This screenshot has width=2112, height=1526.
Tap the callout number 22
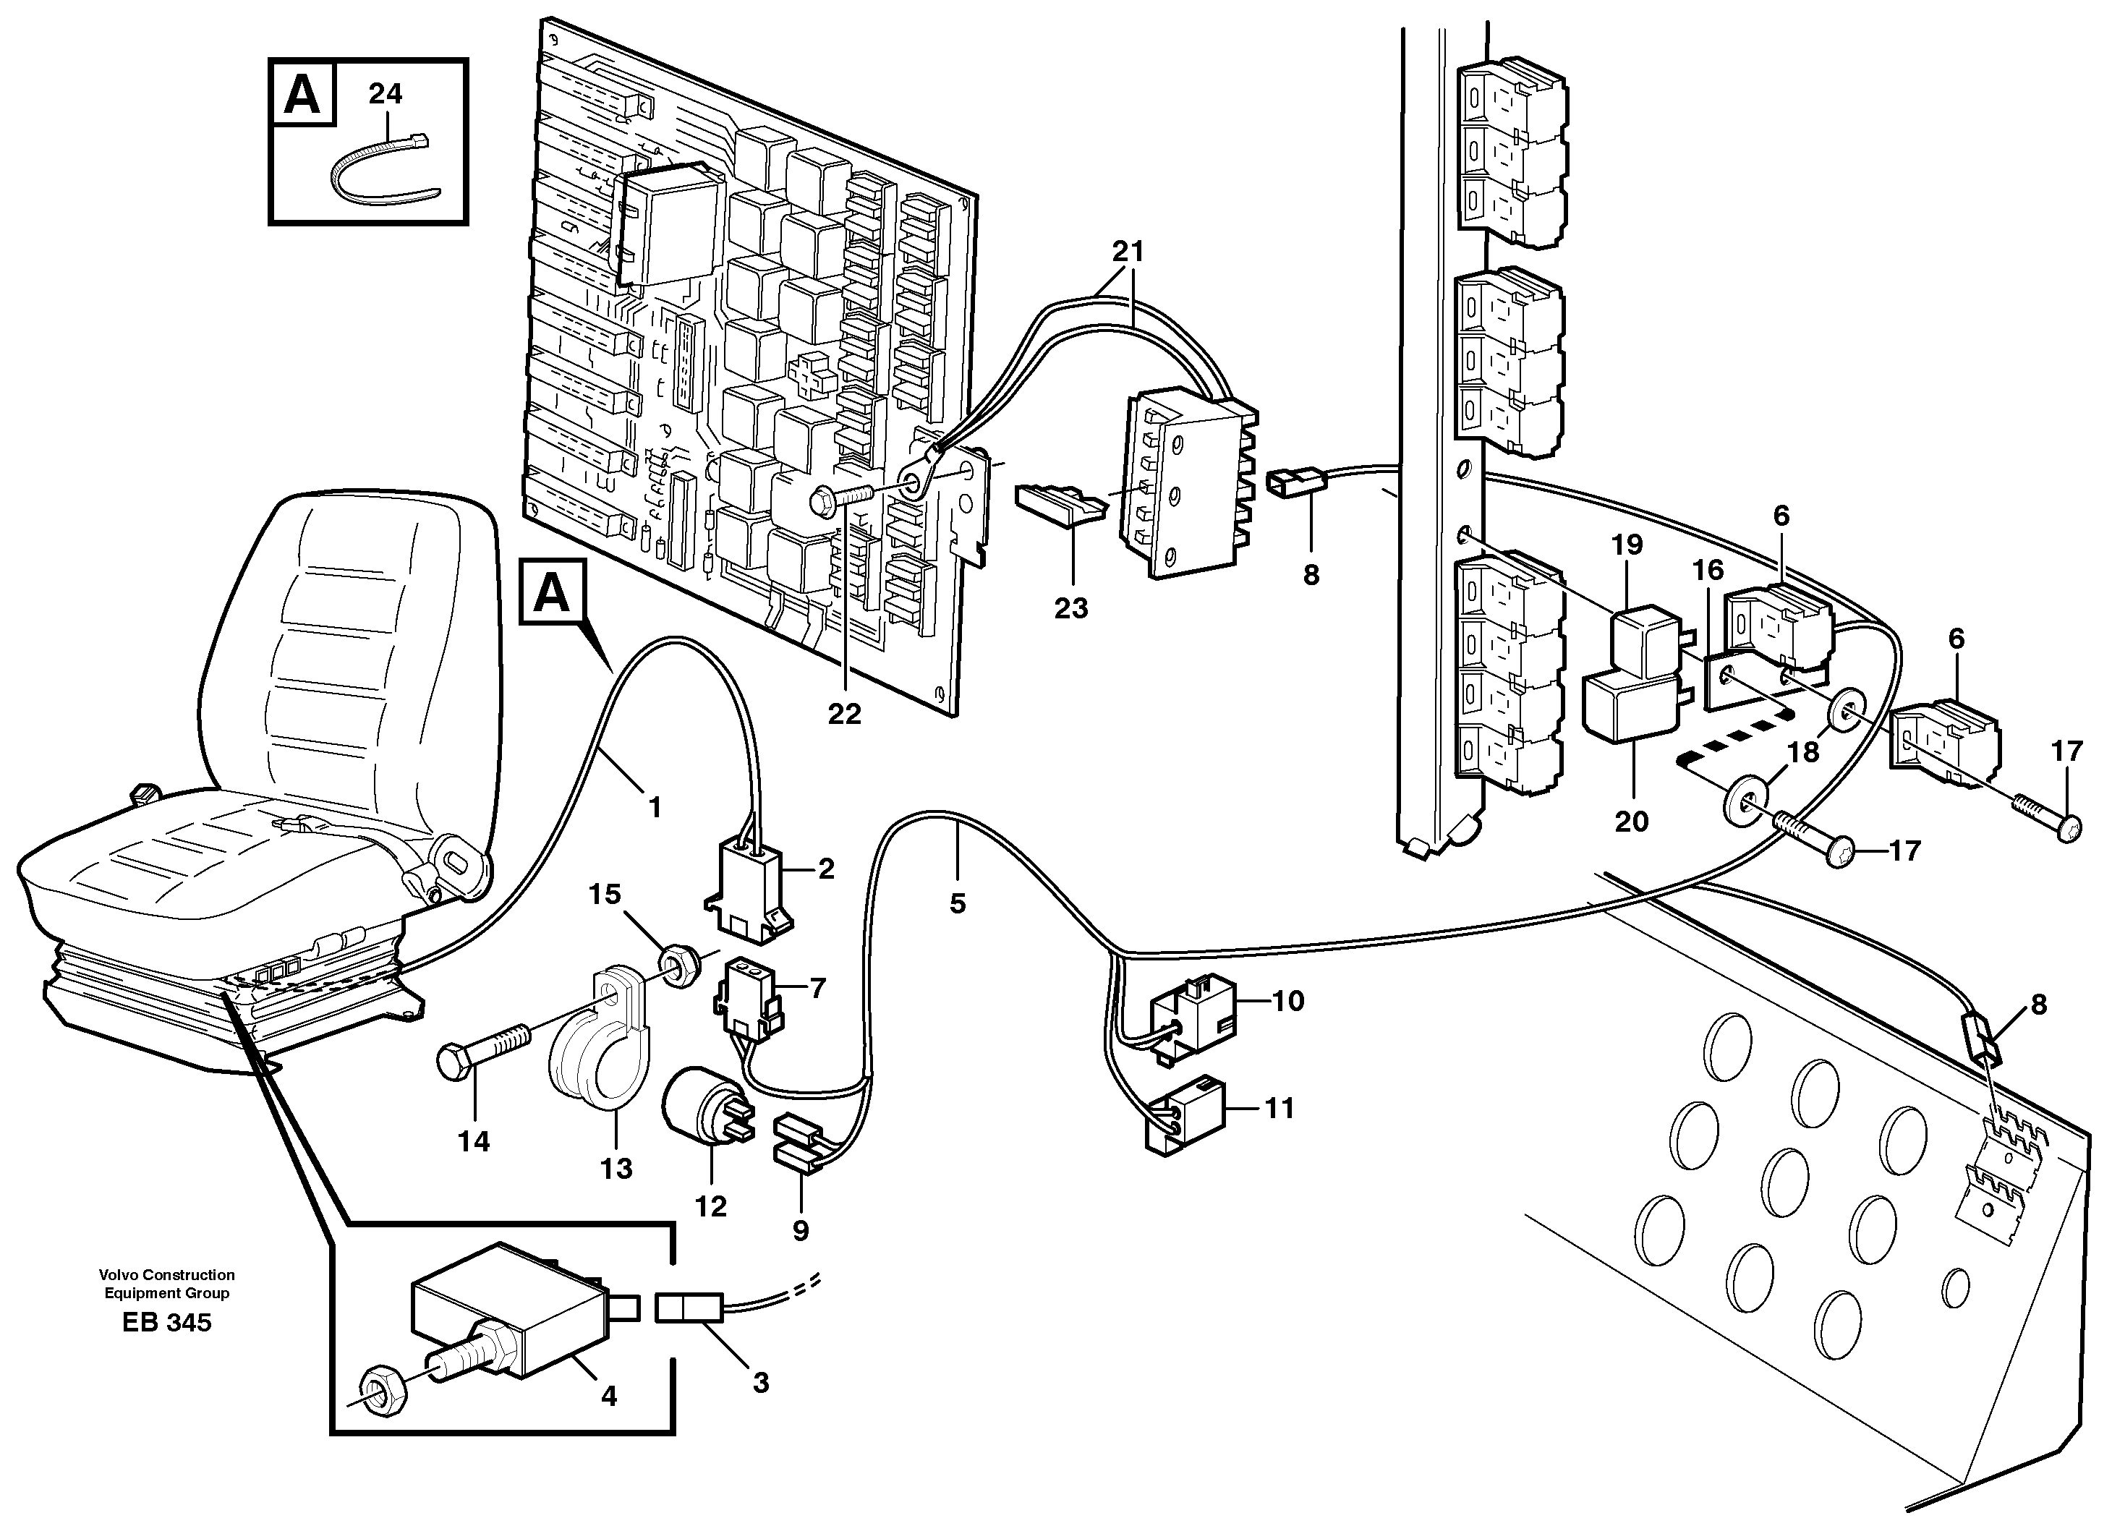point(845,714)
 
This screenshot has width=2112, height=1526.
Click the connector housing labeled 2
point(751,895)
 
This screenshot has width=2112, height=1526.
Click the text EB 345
point(166,1323)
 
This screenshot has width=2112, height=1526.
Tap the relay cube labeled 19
point(1645,639)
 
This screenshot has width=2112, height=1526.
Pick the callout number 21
point(1128,252)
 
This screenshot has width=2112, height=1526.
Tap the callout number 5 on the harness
point(958,904)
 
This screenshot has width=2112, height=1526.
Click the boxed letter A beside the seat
point(552,593)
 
